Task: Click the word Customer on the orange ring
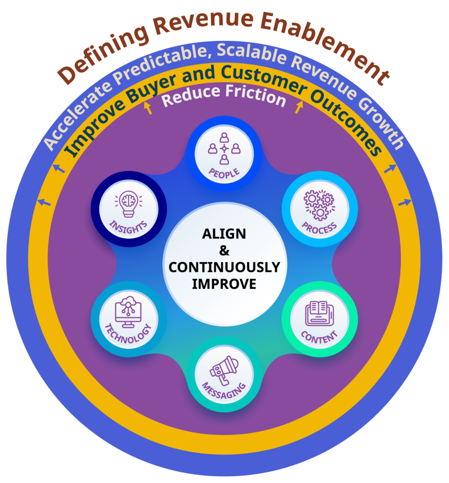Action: tap(264, 78)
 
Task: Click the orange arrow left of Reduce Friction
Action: tap(148, 108)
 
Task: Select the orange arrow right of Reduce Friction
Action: tap(299, 107)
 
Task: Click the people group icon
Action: tap(224, 148)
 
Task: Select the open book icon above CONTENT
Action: tap(319, 313)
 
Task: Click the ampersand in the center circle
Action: tap(224, 251)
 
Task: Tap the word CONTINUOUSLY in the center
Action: tap(224, 267)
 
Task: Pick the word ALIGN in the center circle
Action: tap(224, 234)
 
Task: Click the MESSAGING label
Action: tap(224, 391)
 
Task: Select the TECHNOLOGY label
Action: tap(128, 334)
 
